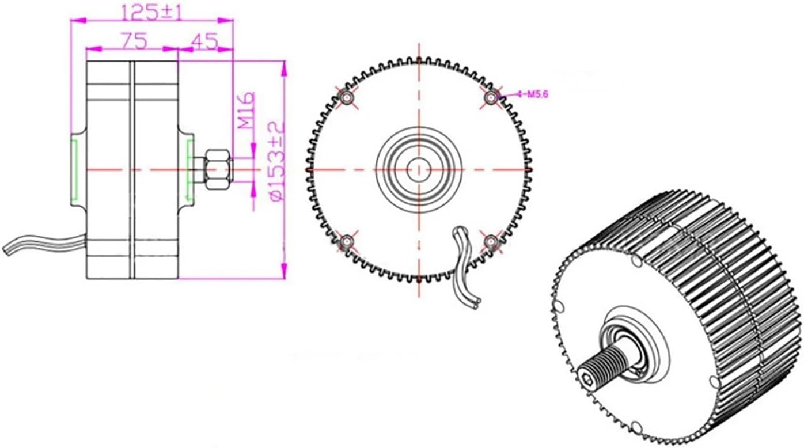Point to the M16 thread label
[246, 111]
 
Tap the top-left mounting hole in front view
[347, 98]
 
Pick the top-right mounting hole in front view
[491, 97]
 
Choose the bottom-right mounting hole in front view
[491, 241]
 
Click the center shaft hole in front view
[419, 169]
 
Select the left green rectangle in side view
[74, 169]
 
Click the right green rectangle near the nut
[189, 169]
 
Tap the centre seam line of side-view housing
[132, 169]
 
